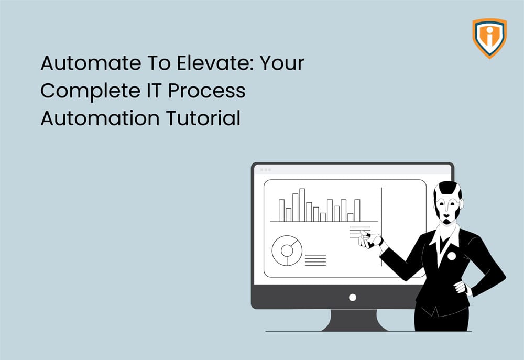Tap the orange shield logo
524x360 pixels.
pyautogui.click(x=489, y=38)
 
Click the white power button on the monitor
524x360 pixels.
pyautogui.click(x=353, y=297)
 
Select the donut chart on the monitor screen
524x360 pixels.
pyautogui.click(x=287, y=250)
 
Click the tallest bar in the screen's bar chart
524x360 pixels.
pyautogui.click(x=302, y=205)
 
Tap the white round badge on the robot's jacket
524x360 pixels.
pyautogui.click(x=451, y=256)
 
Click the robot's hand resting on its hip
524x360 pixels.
pyautogui.click(x=461, y=287)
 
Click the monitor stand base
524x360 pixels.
pyautogui.click(x=352, y=322)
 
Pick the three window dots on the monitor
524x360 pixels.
pyautogui.click(x=265, y=170)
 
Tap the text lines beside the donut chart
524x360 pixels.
pyautogui.click(x=315, y=260)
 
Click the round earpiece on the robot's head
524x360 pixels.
pyautogui.click(x=460, y=201)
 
